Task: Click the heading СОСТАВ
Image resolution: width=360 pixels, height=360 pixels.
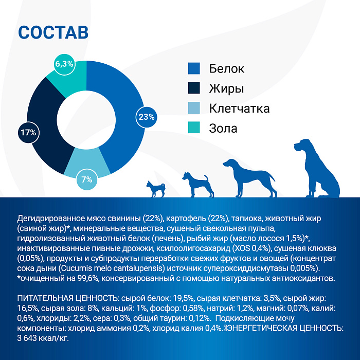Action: click(53, 32)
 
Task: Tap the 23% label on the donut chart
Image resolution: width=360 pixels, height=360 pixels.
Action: click(146, 117)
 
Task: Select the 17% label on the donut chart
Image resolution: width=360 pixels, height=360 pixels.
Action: click(28, 132)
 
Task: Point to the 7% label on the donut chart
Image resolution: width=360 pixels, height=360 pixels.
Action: click(86, 179)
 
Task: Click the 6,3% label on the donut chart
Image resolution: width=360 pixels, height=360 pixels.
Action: click(64, 64)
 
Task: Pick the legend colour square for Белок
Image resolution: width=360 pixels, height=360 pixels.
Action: click(194, 68)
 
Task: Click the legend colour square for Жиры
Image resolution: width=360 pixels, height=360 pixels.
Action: click(194, 88)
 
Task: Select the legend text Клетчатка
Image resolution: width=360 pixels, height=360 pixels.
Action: click(239, 109)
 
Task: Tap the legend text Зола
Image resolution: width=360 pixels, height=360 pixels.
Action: click(223, 128)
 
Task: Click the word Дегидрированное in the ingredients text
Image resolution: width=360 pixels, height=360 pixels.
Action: click(49, 218)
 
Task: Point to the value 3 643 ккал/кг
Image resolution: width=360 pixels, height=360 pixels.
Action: click(42, 338)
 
